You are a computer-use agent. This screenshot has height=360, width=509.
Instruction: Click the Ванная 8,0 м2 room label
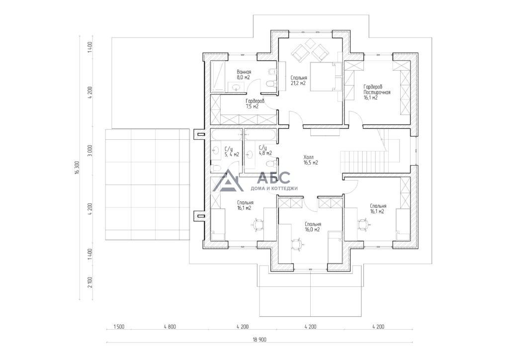(x=244, y=75)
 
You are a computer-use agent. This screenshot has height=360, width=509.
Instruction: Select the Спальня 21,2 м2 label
(x=299, y=81)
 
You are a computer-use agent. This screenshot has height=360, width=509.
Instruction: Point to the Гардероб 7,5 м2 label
(x=255, y=103)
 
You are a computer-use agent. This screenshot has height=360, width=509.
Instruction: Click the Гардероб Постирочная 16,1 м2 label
(x=377, y=92)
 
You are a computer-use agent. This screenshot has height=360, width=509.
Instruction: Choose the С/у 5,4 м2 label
(x=232, y=152)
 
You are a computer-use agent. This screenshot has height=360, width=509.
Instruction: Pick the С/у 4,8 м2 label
(x=265, y=150)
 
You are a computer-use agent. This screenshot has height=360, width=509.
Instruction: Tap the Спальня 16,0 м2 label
(x=313, y=227)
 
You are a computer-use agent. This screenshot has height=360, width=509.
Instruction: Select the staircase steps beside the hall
(x=362, y=161)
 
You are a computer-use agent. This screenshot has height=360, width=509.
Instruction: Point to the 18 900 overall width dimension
(x=259, y=340)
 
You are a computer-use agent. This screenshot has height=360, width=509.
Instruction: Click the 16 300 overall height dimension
(x=77, y=168)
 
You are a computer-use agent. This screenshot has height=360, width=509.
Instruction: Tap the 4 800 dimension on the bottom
(x=170, y=327)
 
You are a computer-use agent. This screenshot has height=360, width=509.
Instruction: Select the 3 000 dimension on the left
(x=90, y=151)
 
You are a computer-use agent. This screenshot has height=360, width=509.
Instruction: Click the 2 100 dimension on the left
(x=90, y=282)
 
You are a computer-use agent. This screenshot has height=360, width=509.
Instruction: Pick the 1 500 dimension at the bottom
(x=119, y=327)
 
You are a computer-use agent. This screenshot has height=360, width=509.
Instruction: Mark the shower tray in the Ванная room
(x=218, y=76)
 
